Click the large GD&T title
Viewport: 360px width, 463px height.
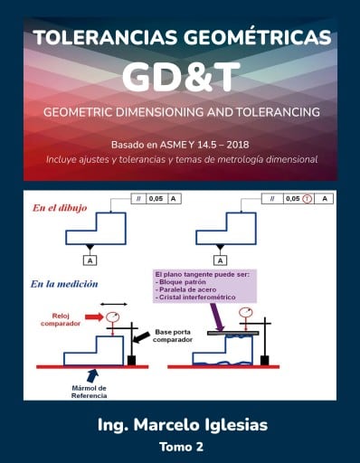179,78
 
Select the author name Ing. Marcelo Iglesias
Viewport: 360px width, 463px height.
180,424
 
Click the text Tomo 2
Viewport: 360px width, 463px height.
180,447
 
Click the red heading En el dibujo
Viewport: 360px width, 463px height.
61,207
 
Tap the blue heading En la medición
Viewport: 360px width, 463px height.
65,283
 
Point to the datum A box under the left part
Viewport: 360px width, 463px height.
90,260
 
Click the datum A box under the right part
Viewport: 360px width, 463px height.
221,260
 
